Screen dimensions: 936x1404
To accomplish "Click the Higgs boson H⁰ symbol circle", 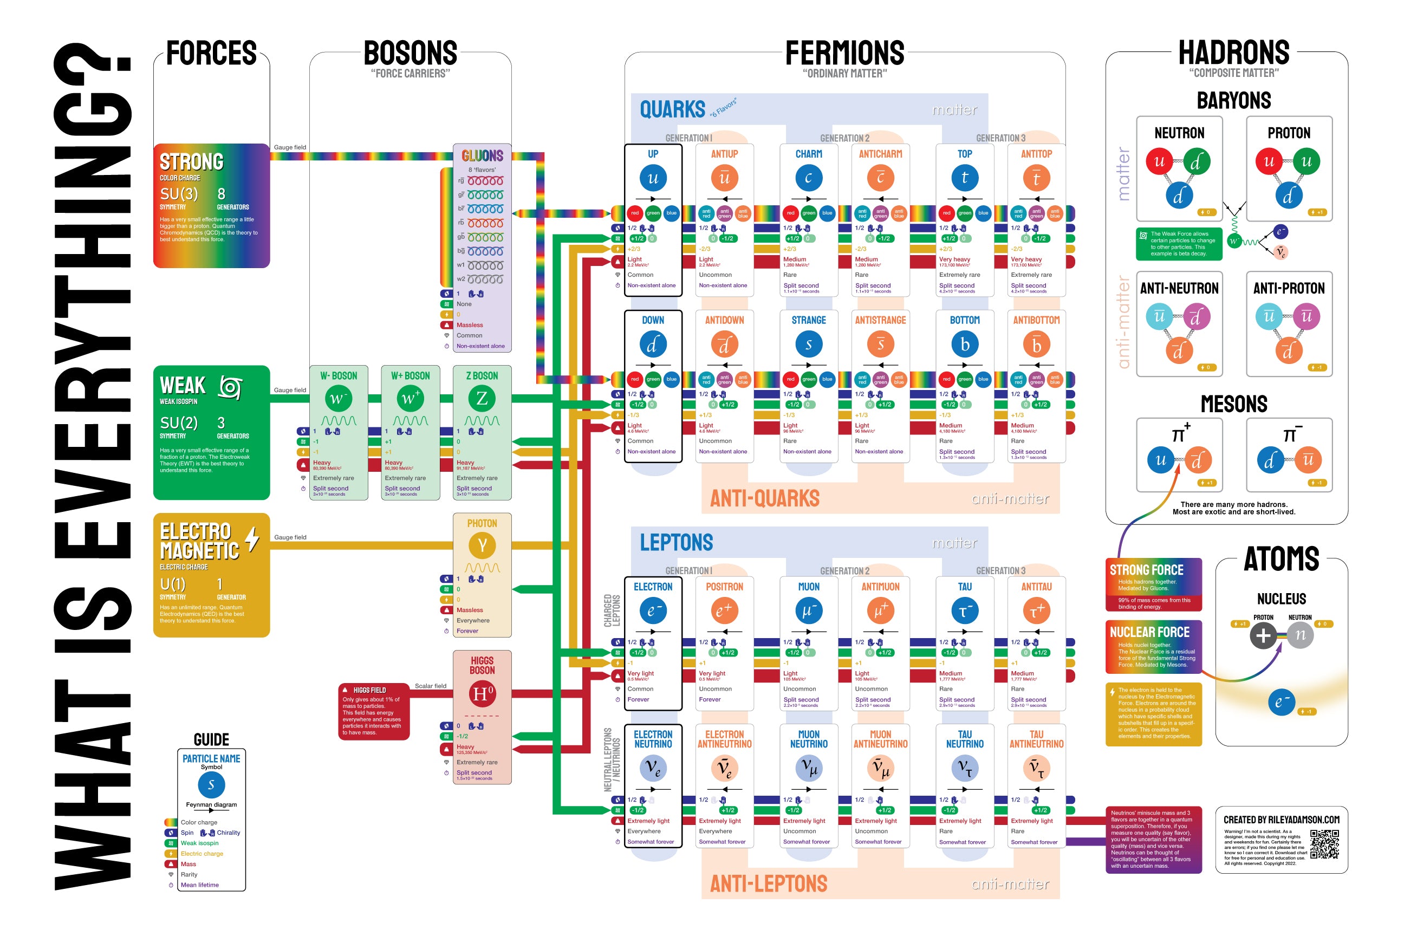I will tap(482, 694).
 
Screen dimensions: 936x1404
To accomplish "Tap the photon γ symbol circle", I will tap(482, 544).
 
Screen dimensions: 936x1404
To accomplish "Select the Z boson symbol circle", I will tap(482, 398).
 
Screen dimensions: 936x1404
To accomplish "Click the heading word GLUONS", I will tap(482, 156).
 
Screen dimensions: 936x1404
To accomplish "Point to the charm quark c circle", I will tap(808, 177).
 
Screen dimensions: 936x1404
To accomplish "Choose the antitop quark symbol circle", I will tap(1036, 177).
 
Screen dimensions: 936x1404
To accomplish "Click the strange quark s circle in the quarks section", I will tap(808, 344).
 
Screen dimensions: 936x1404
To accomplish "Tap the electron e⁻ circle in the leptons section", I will tap(653, 610).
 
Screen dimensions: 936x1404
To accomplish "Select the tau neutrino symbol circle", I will tap(965, 768).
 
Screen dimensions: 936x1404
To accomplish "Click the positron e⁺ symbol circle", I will tap(724, 610).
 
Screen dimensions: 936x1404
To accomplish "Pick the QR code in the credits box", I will tap(1324, 843).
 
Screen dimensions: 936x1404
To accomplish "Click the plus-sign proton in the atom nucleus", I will tap(1263, 635).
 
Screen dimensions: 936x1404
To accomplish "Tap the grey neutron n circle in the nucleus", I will tap(1300, 635).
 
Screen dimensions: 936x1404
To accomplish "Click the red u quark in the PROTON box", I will tap(1269, 161).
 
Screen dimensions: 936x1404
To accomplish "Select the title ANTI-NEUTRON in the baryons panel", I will tap(1179, 288).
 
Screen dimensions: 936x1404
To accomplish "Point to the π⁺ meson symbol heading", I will tap(1180, 433).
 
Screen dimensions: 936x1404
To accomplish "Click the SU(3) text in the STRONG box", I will tap(179, 194).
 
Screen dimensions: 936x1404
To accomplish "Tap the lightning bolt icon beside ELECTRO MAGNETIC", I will tap(252, 538).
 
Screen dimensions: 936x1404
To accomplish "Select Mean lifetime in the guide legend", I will tap(199, 885).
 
